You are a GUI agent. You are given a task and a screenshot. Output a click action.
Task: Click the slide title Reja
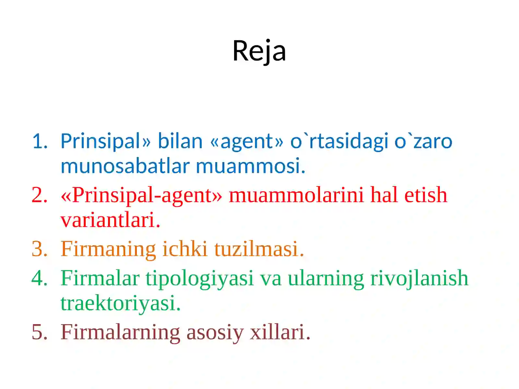[259, 51]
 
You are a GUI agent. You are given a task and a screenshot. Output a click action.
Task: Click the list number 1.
[40, 141]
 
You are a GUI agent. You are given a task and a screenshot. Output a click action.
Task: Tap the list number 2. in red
[40, 195]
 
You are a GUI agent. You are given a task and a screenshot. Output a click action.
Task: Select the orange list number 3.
[40, 249]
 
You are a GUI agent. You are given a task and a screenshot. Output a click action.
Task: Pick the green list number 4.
[40, 278]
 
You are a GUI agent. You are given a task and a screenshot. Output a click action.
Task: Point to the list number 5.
[40, 332]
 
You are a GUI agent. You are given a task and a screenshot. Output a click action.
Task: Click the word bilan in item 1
[180, 141]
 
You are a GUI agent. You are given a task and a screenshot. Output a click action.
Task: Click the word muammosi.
[250, 166]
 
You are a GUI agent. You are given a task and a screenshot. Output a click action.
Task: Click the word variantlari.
[110, 220]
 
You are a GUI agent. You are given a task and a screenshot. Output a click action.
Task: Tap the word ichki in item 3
[185, 249]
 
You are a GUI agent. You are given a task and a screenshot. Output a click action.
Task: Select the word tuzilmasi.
[259, 249]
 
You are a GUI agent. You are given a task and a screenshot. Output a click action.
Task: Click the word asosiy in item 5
[215, 333]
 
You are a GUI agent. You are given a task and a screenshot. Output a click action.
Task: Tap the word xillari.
[280, 332]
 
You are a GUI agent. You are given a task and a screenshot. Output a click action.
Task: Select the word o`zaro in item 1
[423, 141]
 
